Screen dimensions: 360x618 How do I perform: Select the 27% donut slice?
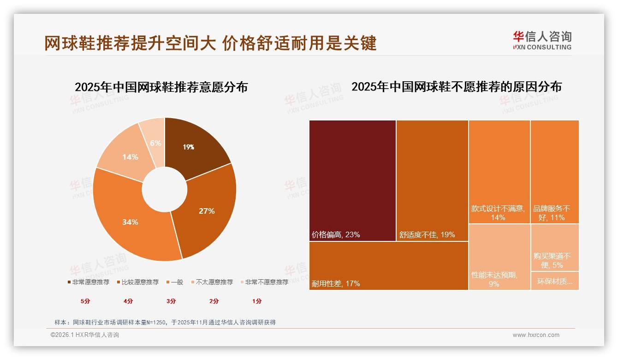(x=208, y=210)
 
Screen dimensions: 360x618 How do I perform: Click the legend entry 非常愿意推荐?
(x=89, y=282)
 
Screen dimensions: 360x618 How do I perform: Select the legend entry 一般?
(x=174, y=282)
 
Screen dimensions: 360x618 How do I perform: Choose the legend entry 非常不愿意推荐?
(x=263, y=282)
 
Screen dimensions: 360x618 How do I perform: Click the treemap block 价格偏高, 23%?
(x=352, y=180)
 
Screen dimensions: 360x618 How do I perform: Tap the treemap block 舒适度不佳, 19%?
(x=432, y=180)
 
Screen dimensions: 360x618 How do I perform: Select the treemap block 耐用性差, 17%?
(x=388, y=265)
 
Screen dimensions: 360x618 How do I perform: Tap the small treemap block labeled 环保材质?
(x=554, y=281)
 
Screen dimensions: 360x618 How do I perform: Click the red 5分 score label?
(x=85, y=301)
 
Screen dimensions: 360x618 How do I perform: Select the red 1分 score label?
(x=257, y=301)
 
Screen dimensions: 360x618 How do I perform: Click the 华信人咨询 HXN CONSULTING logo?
(x=542, y=41)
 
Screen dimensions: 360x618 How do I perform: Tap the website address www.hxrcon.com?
(x=536, y=335)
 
